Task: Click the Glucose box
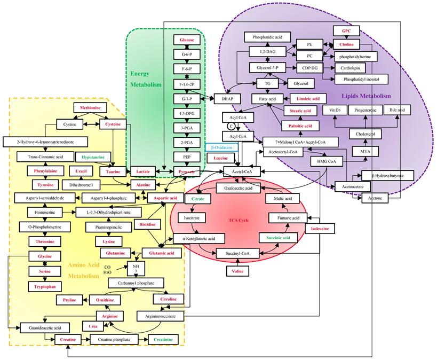pyautogui.click(x=187, y=40)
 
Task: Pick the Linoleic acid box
pyautogui.click(x=308, y=99)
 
